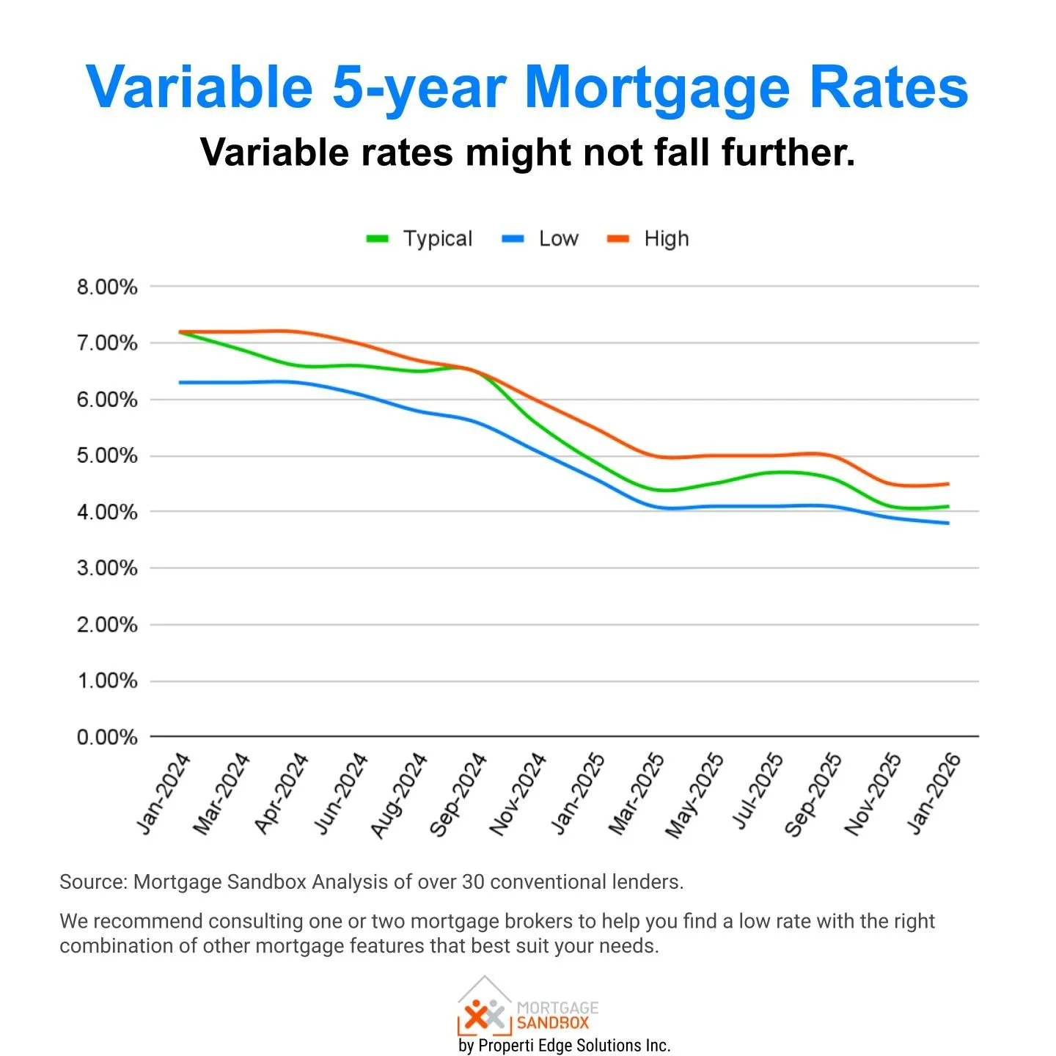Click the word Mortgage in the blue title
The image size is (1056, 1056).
657,88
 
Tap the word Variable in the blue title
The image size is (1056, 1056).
199,88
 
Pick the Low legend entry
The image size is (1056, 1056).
540,239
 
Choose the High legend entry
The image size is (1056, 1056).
649,239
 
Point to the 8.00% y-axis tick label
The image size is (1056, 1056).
107,287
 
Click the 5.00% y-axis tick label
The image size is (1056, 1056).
107,456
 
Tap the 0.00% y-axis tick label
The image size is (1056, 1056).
107,737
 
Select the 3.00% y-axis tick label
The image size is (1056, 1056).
107,568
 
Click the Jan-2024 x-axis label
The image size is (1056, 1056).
164,793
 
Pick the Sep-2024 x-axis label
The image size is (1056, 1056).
458,794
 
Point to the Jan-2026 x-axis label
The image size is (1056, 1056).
934,793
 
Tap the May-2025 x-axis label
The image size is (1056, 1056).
694,795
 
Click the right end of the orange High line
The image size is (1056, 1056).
948,484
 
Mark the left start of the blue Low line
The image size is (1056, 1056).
180,383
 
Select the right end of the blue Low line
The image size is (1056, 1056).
948,523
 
